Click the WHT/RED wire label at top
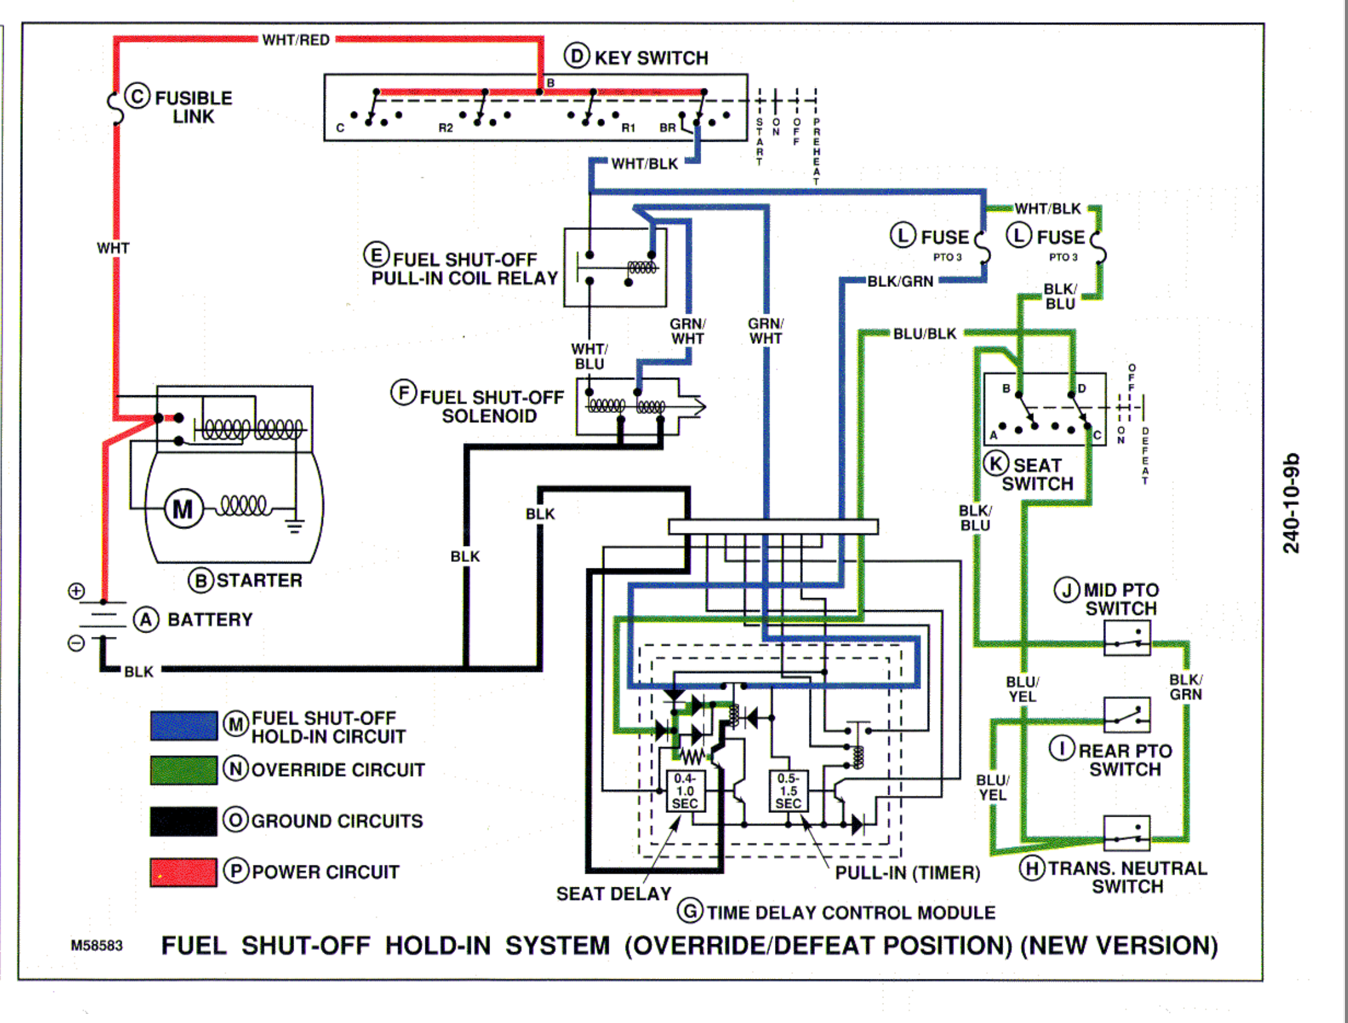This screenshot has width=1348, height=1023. (296, 40)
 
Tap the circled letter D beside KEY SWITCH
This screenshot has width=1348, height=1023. (576, 56)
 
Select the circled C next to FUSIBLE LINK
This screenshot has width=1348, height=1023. (137, 96)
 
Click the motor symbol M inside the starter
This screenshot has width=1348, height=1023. (183, 509)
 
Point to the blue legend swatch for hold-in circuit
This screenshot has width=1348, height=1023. (183, 726)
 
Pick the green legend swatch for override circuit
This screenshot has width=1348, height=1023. (183, 770)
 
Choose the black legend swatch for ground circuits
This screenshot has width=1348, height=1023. (183, 821)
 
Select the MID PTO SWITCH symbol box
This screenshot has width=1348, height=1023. (1127, 638)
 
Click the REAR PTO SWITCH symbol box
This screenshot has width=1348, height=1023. (1127, 714)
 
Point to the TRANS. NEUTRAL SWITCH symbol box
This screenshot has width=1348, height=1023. (1127, 833)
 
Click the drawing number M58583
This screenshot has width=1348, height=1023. (96, 946)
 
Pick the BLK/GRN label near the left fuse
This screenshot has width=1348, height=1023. (900, 281)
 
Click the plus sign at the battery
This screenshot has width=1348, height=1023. (76, 591)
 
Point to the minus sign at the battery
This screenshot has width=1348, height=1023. (76, 643)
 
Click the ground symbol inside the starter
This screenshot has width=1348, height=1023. (295, 524)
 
